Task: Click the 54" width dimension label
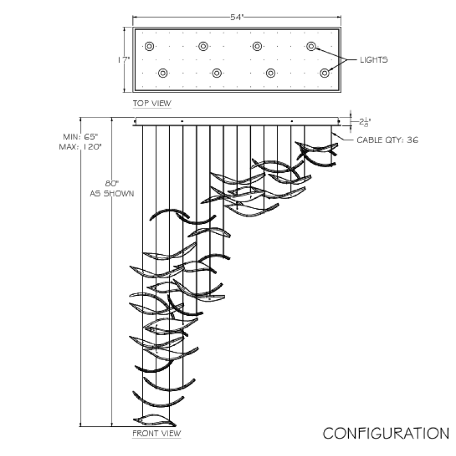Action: coord(237,18)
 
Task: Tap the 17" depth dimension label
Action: coord(124,60)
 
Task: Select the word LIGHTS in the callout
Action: coord(374,60)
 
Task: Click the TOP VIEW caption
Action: coord(152,103)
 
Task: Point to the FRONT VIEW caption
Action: coord(156,433)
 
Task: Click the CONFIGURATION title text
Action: coord(386,433)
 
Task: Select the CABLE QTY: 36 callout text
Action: coord(388,140)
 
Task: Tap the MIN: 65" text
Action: coord(80,137)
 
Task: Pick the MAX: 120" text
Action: coord(80,147)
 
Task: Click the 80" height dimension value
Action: coord(112,184)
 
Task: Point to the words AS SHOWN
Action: coord(112,194)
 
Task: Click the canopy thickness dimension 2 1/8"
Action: coord(365,122)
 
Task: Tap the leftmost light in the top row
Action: coord(149,46)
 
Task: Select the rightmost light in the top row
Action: coord(311,46)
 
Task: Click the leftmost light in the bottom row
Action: coord(163,73)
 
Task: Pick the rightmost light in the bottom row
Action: coord(324,73)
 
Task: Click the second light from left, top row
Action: coord(203,46)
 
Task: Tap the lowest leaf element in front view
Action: coord(154,420)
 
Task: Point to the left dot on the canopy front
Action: coord(182,121)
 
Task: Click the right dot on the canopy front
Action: coord(292,121)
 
